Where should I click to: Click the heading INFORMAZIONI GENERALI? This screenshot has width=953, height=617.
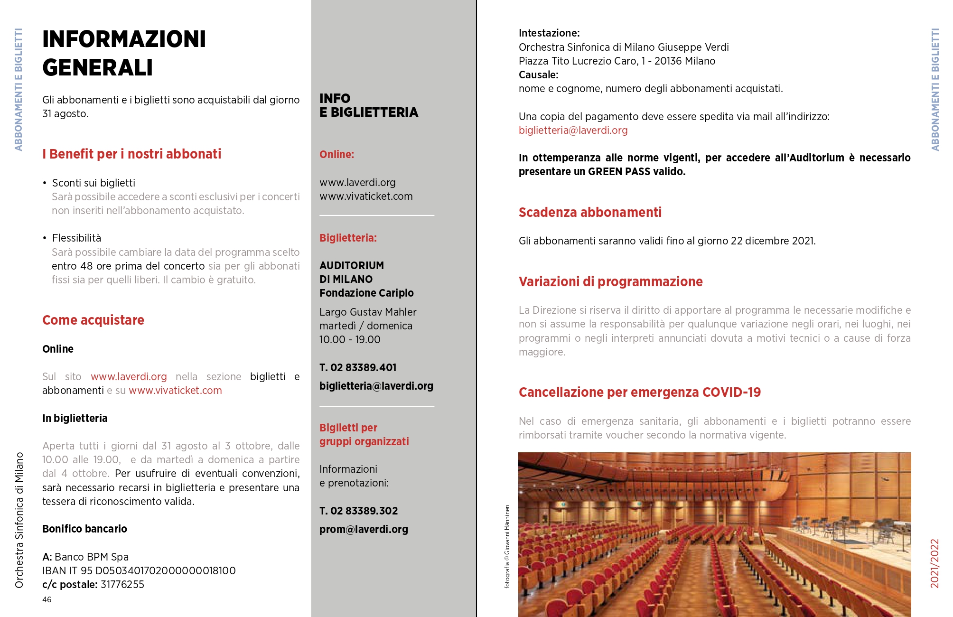[124, 53]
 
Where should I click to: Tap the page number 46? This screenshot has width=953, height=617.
[47, 599]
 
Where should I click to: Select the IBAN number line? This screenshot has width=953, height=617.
[139, 570]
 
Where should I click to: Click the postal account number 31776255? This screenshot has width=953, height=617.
[122, 584]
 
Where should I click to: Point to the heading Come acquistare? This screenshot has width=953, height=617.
[93, 320]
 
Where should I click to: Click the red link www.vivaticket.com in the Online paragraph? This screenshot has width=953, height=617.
[175, 390]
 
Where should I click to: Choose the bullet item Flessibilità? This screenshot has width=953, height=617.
[76, 238]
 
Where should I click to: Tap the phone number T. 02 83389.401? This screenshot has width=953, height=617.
[358, 367]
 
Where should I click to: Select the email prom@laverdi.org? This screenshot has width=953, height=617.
[364, 529]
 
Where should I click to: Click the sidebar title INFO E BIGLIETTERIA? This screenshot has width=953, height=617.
[368, 105]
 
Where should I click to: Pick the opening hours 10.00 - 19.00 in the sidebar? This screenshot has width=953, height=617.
[350, 339]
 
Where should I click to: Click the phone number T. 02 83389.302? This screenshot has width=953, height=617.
[358, 511]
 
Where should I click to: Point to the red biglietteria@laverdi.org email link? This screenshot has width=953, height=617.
[573, 130]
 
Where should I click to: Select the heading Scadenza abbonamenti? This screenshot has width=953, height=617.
[590, 212]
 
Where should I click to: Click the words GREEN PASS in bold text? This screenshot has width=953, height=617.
[619, 171]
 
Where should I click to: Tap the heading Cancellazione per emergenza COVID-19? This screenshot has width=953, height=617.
[639, 392]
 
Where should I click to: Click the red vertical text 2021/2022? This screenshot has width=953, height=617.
[934, 563]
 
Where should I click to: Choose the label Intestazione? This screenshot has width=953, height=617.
[549, 33]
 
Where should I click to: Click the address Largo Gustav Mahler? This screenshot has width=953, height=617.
[368, 312]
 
